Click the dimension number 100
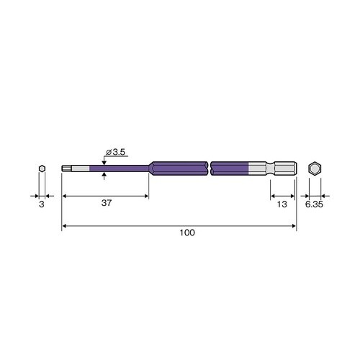pos(187,233)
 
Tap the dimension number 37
pos(107,203)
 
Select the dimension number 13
pos(282,204)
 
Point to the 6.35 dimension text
pos(314,204)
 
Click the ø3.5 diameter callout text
pos(116,152)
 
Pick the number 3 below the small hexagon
pos(42,204)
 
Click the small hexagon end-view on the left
pos(42,168)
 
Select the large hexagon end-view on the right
pos(315,168)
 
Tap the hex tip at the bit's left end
pos(66,168)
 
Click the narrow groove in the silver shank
pos(270,168)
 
